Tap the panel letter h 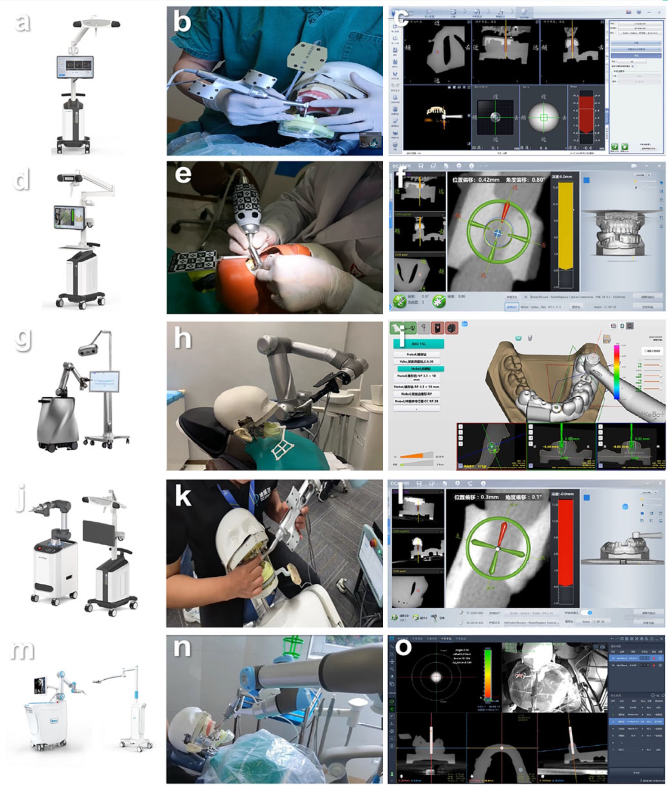tap(182, 338)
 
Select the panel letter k tap(183, 496)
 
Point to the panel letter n tap(183, 648)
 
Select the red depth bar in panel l tap(565, 542)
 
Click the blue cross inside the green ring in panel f tap(498, 233)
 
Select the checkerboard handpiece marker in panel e tap(246, 200)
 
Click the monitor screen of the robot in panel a tap(75, 67)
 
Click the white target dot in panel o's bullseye tap(436, 677)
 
